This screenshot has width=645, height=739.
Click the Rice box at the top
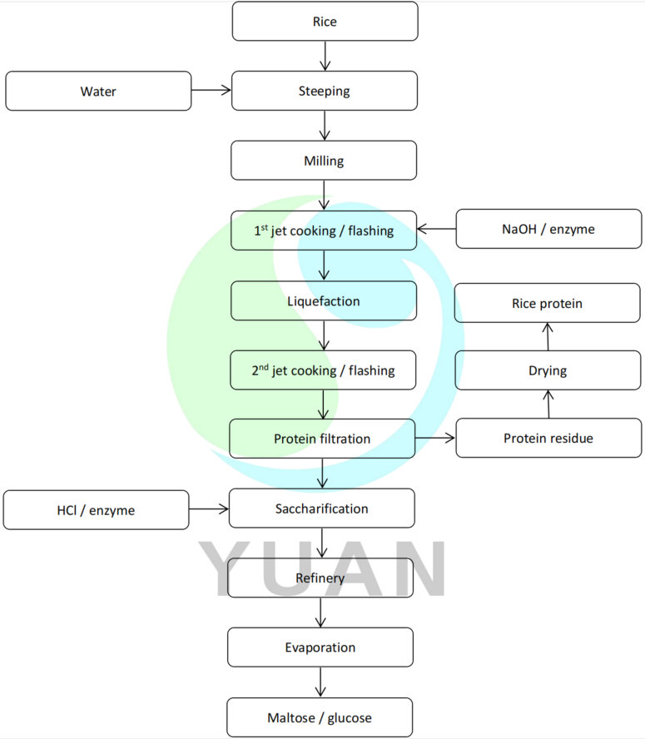click(325, 22)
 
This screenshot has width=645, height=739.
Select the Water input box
click(98, 92)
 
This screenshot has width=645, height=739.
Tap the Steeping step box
click(325, 91)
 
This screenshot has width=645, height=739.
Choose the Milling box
click(325, 160)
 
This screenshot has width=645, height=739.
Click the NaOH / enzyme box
click(548, 229)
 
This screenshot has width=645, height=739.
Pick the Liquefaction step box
click(324, 300)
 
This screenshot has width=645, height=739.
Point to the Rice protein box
click(548, 304)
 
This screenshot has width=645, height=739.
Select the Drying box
click(548, 370)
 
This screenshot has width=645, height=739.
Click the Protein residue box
click(548, 438)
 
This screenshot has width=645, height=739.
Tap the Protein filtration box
click(322, 439)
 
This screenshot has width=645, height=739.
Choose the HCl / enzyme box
click(97, 509)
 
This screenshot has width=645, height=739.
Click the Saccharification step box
click(321, 508)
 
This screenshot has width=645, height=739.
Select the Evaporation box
click(320, 647)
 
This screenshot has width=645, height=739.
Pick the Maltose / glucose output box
click(320, 717)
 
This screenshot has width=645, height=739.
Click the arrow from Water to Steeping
click(211, 91)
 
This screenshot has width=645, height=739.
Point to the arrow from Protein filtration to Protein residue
click(435, 438)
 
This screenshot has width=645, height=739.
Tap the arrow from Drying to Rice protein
click(548, 336)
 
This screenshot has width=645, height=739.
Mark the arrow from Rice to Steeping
click(325, 56)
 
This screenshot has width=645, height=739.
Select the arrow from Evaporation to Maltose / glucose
click(320, 682)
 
